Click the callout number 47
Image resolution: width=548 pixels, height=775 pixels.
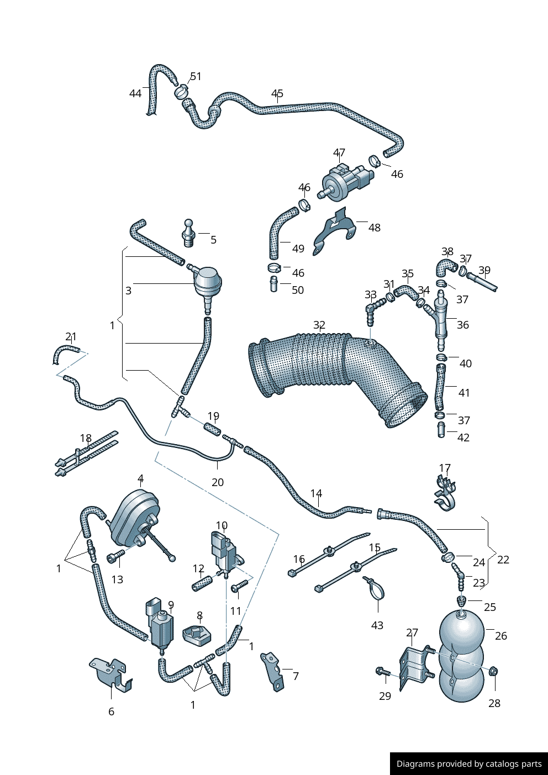[339, 152]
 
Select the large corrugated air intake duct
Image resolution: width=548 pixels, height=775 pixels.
[331, 370]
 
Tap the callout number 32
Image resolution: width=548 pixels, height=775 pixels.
[319, 325]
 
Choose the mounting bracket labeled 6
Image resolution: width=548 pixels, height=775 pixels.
[113, 674]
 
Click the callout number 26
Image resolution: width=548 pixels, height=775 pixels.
[500, 635]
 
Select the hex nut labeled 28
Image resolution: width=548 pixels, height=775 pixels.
[494, 671]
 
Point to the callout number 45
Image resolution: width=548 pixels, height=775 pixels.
[277, 93]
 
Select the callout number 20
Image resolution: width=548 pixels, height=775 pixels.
[218, 482]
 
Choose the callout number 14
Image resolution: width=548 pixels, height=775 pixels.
[316, 493]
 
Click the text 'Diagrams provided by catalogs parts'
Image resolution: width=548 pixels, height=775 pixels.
[469, 764]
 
